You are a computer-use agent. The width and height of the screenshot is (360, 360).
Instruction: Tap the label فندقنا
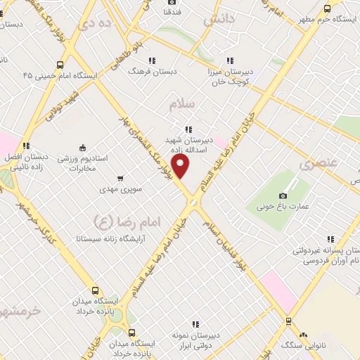173,12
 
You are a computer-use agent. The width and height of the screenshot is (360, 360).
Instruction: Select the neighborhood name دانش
219,21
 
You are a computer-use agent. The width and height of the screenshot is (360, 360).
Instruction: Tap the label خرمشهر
21,310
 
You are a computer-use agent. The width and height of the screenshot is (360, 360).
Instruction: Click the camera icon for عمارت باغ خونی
283,176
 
